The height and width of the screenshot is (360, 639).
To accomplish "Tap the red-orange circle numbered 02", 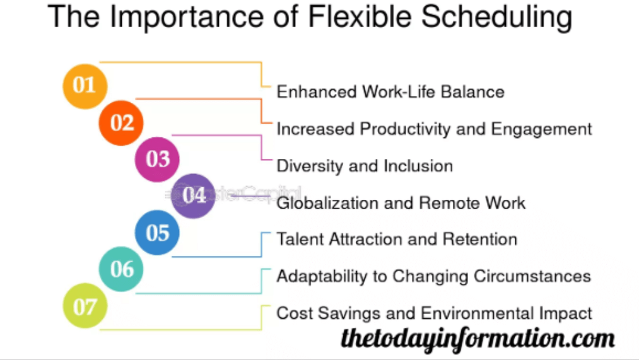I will pos(121,122).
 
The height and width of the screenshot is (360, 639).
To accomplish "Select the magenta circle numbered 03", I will pos(157,159).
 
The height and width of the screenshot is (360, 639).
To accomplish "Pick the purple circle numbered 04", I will pos(194,195).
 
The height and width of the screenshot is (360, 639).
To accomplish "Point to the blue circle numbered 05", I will pos(157,233).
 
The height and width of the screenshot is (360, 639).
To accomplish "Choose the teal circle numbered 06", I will pos(121,269).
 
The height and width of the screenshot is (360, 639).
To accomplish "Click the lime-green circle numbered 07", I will pos(85,306).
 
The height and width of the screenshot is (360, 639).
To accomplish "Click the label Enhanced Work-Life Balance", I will pos(390,92).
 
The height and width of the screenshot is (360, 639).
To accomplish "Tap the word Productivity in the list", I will pos(404,129).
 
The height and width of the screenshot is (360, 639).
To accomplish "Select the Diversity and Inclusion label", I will pos(365,166).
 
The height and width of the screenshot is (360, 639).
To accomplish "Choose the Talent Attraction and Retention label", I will pos(397,240).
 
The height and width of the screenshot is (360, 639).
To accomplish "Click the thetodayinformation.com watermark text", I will pos(478,339).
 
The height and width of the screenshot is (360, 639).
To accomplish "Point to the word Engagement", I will pos(542,129).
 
